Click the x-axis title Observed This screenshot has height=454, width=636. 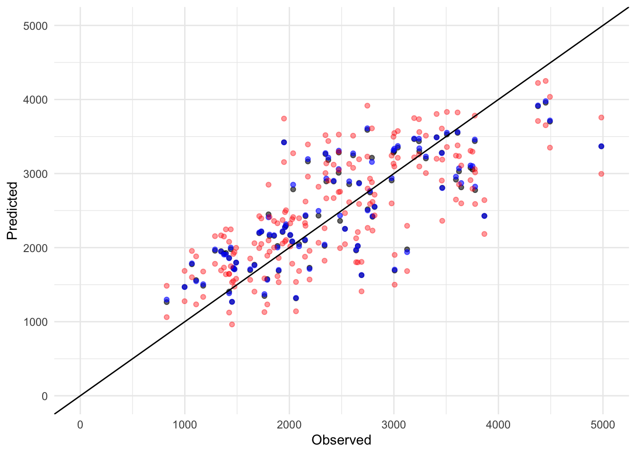pos(341,440)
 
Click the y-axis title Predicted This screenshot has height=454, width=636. pos(12,211)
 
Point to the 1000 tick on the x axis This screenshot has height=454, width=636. pos(185,425)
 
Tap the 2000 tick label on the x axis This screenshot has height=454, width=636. pos(289,425)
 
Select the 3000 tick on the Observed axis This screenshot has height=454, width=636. pos(394,425)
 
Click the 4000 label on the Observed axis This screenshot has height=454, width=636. pos(498,425)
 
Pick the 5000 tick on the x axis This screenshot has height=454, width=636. pos(603,425)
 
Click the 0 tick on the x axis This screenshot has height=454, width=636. pos(80,425)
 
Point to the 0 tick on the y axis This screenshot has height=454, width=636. pos(44,396)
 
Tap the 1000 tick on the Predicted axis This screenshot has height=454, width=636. pos(35,322)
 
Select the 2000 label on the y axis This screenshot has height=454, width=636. pos(35,248)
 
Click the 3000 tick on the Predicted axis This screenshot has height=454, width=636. pos(35,174)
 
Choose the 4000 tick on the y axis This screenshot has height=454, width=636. pos(35,100)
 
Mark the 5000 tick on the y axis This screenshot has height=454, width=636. pos(35,26)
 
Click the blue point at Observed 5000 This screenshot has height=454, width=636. pos(601,146)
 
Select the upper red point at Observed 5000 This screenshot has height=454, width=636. pos(601,117)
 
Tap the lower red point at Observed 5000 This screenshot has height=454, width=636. pos(601,174)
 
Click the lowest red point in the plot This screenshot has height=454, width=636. pos(232,324)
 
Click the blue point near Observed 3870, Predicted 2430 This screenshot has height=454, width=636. pos(484,216)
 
